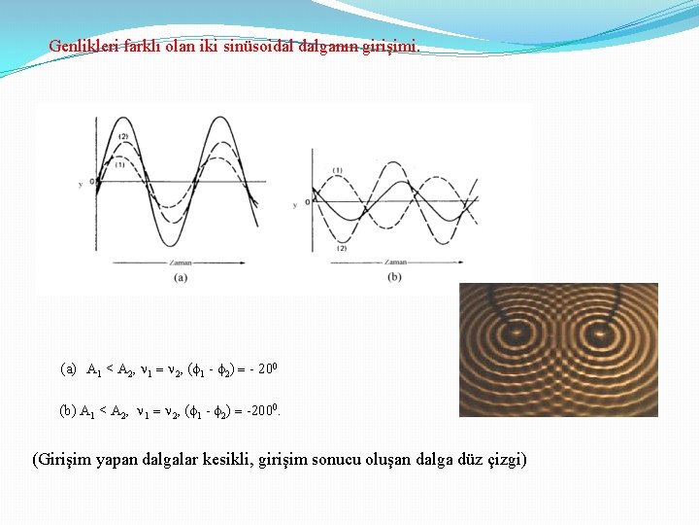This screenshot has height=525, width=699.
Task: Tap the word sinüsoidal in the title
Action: (x=272, y=46)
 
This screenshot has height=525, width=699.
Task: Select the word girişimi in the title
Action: (x=394, y=46)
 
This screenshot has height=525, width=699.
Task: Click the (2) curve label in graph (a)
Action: (x=123, y=136)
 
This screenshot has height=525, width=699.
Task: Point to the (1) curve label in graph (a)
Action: (x=119, y=164)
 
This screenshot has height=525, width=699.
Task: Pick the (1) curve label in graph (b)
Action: (x=337, y=171)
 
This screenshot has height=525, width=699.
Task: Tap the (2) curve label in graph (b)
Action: (x=342, y=248)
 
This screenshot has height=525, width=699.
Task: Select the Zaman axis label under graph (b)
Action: (x=395, y=262)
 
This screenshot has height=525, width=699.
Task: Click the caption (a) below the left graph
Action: (x=181, y=277)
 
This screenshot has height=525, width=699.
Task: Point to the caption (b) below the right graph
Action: (x=394, y=277)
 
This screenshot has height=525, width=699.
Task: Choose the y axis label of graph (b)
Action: (x=295, y=204)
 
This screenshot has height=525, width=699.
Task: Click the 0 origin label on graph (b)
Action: (x=306, y=201)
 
